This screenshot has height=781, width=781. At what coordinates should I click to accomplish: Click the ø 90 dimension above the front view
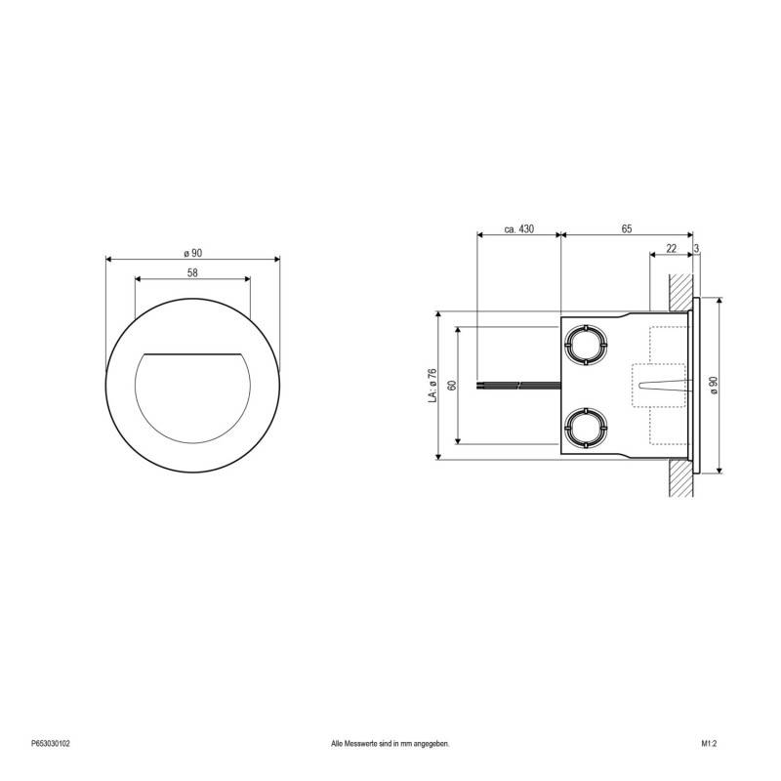pos(192,253)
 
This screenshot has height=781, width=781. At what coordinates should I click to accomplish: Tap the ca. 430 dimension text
pos(518,228)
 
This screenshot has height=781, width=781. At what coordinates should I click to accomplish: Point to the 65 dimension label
pos(626,228)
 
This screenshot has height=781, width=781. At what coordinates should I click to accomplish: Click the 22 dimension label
pos(671,248)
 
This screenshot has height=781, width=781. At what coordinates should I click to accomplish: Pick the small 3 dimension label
pos(697,248)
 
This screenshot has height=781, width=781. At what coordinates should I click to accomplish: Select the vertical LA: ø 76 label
pos(432,385)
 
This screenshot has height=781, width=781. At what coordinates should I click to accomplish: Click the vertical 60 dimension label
pos(452,385)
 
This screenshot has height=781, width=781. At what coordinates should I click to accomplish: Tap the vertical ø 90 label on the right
pos(714,385)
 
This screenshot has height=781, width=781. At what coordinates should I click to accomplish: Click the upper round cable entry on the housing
pos(585,343)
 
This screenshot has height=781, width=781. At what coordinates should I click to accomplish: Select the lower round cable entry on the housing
pos(585,427)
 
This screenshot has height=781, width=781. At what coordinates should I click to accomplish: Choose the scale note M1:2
pos(709,744)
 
